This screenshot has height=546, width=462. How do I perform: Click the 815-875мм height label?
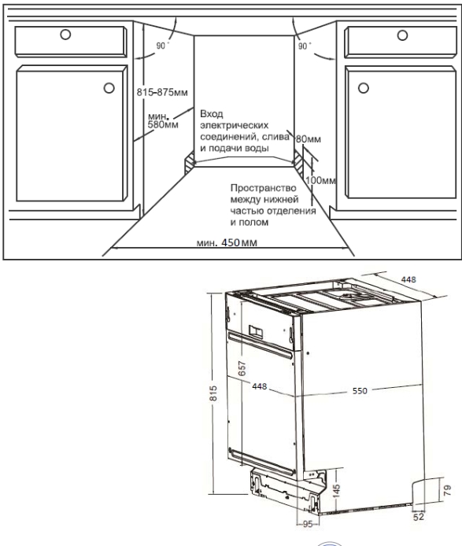[162, 92]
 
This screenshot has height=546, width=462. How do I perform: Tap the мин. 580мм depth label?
[163, 120]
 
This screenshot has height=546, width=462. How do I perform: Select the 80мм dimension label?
[309, 139]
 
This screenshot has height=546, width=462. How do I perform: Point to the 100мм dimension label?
[321, 180]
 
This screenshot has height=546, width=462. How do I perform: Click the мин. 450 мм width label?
[227, 242]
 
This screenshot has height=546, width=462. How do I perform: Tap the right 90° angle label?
[305, 46]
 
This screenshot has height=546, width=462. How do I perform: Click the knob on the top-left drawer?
[65, 35]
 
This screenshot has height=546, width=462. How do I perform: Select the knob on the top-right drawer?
[402, 35]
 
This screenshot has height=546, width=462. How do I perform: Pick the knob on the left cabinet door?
[109, 88]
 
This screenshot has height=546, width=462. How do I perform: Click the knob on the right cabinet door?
[364, 88]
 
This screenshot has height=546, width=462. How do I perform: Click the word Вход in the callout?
[212, 114]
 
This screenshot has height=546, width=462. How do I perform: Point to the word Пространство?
[264, 188]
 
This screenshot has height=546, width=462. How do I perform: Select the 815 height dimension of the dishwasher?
[213, 393]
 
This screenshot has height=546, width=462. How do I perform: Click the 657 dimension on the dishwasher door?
[242, 368]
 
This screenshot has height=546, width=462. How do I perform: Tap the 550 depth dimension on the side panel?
[360, 391]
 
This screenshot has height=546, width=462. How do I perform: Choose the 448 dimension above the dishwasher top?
[408, 279]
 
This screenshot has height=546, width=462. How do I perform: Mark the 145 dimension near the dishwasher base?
[336, 490]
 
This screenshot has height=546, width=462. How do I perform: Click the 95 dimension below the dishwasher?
[308, 524]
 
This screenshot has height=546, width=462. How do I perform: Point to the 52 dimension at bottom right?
[419, 517]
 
